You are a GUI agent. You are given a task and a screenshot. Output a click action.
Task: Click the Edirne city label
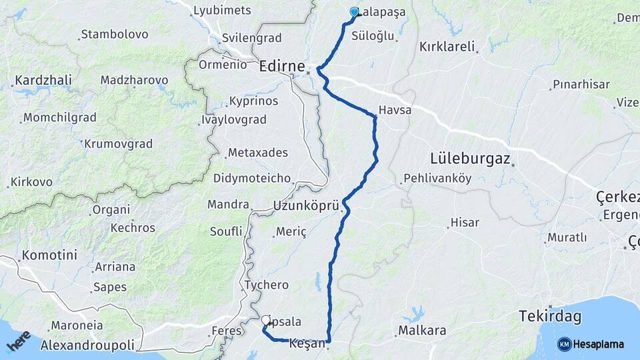[281, 67]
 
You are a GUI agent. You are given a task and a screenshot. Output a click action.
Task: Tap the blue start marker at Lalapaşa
[354, 11]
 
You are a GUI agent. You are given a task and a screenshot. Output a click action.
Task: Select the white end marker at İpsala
[267, 320]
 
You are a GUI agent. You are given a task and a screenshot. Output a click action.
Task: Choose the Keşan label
[307, 344]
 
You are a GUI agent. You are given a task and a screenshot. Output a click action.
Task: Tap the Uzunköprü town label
[306, 206]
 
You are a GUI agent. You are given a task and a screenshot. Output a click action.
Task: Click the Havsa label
[395, 110]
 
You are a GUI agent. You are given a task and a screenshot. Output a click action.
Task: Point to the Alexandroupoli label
[87, 345]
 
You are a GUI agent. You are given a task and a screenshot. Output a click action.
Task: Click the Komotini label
[49, 255]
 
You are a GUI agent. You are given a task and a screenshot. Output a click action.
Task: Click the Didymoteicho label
[252, 178]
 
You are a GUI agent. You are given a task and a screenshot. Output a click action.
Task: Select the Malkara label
[421, 330]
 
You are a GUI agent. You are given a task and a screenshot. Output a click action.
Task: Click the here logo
[19, 341]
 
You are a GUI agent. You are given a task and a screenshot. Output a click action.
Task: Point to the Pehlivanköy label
[437, 179]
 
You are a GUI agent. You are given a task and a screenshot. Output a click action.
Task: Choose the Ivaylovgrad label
[233, 120]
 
